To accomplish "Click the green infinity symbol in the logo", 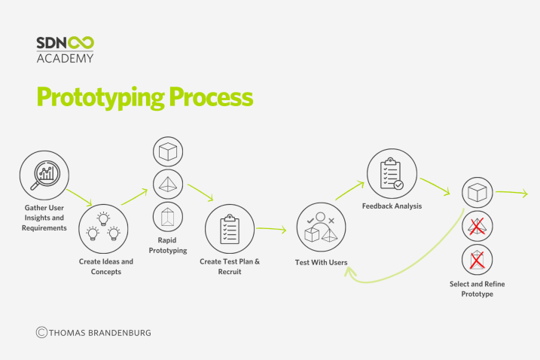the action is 81,43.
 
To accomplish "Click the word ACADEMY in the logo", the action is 65,58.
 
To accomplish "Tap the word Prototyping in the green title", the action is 101,98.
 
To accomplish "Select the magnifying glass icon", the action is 44,175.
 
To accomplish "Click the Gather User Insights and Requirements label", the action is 44,218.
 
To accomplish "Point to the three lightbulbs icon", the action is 103,227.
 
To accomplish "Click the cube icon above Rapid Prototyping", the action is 168,151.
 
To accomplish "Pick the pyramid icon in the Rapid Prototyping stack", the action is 168,185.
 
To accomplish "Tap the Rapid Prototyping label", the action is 168,246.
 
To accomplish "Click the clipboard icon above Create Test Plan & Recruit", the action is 230,229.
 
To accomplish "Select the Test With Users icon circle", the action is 322,227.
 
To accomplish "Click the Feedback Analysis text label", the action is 392,206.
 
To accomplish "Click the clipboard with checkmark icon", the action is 392,174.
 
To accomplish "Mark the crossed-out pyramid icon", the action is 477,227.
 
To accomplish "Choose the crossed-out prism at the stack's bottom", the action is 477,259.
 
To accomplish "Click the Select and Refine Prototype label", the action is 477,289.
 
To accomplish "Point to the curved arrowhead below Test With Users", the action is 350,273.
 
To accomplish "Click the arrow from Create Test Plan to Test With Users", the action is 271,229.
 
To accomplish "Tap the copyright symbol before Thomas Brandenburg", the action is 41,332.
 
